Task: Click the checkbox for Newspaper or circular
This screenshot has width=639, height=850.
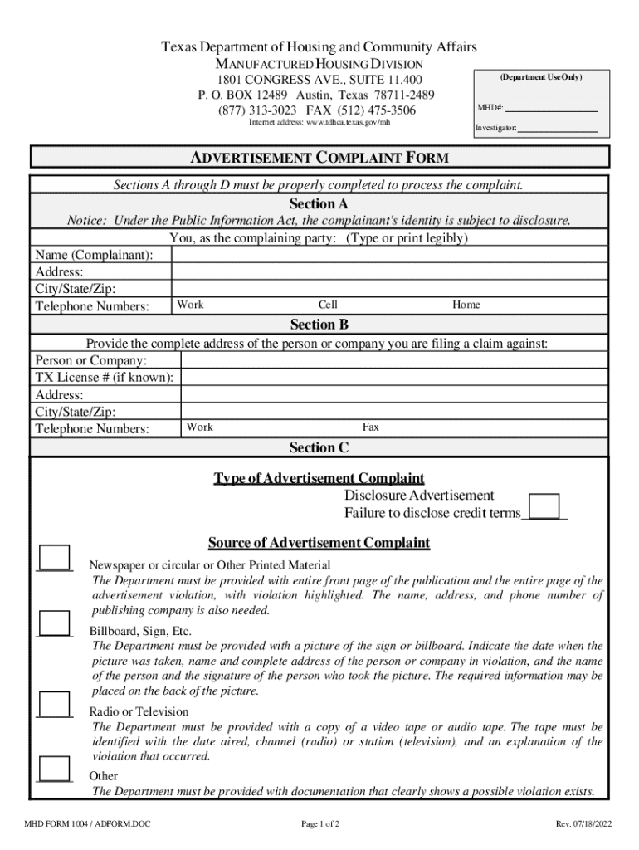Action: coord(55,558)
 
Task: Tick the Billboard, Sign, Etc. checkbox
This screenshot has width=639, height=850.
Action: coord(55,623)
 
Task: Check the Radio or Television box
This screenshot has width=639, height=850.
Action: coord(55,704)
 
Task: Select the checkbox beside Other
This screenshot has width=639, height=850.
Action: coord(55,769)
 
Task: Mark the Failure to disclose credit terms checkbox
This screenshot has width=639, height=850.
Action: coord(544,506)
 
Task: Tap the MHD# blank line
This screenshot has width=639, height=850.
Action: coord(552,108)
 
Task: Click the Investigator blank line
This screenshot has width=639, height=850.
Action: coord(558,129)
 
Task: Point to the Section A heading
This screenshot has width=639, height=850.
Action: coord(319,204)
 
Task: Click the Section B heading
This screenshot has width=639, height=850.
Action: coord(319,325)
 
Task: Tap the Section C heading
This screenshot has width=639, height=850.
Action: coord(319,448)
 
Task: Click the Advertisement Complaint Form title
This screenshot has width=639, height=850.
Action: coord(319,157)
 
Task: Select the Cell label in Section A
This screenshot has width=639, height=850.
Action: coord(328,305)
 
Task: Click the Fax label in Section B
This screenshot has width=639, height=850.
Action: coord(370,427)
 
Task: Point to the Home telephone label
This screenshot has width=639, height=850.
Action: coord(466,305)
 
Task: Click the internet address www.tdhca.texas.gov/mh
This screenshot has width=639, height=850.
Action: coord(319,123)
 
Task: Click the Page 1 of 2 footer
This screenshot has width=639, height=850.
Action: coord(320,824)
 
